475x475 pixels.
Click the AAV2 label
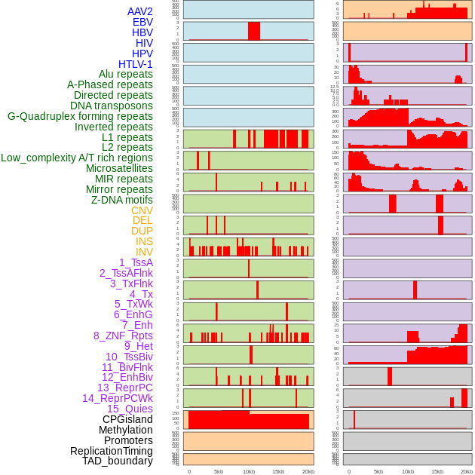140,11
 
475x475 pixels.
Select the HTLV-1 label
136,64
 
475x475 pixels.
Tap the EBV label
142,22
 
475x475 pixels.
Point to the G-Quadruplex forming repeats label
80,116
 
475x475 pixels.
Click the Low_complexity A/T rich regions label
77,158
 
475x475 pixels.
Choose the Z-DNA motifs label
122,200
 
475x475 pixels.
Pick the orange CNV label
142,210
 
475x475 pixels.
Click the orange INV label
144,252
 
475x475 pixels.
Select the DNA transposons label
112,106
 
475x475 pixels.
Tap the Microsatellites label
119,168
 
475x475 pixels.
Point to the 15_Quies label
130,409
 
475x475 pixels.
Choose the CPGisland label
127,419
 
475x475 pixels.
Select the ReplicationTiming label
112,451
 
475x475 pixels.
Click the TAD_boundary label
118,461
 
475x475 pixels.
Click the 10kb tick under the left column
248,471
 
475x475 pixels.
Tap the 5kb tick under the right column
378,471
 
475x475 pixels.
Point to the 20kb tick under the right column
467,471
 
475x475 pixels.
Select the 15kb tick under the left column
277,471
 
